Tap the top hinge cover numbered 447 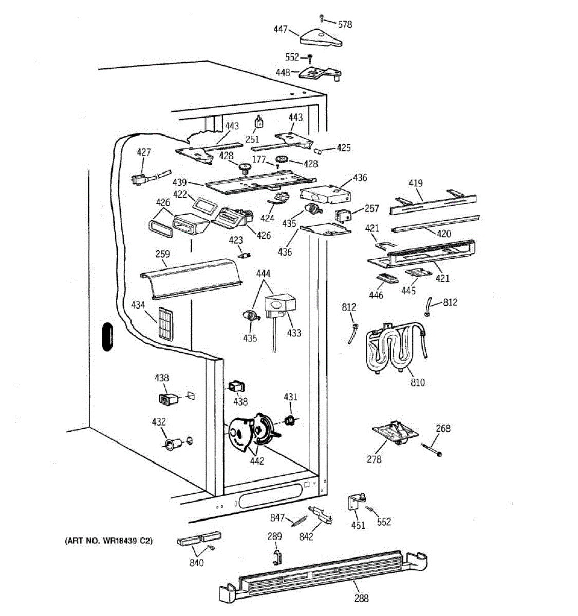point(322,37)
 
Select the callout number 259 point(162,254)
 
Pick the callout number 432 point(159,422)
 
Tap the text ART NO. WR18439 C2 point(108,541)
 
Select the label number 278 point(374,459)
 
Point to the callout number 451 point(358,525)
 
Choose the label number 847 point(278,517)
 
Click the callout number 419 point(416,183)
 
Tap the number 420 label point(443,234)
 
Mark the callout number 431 point(290,397)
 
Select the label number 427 point(144,152)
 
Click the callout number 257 point(371,208)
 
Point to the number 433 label point(294,333)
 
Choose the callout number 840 point(196,563)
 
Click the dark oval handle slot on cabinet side point(107,337)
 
